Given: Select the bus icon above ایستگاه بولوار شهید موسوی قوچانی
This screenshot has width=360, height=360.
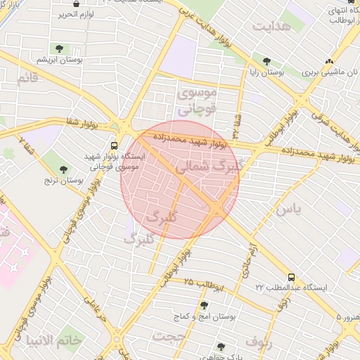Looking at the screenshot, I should click(x=114, y=146).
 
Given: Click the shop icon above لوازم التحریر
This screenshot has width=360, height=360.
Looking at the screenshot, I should click(x=76, y=4).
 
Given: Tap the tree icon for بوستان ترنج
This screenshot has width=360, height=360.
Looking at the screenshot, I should click(x=64, y=169).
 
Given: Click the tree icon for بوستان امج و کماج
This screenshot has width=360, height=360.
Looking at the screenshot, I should click(x=205, y=305).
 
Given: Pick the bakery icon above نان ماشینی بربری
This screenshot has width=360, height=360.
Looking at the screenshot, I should click(x=330, y=61).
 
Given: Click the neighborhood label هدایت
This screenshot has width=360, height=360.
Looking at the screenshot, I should click(x=271, y=26).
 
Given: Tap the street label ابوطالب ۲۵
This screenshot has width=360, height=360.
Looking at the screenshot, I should click(x=205, y=284).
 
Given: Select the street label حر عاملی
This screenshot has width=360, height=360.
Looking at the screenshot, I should click(x=95, y=307).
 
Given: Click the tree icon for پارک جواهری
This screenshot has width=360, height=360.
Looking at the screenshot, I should click(x=221, y=347).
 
